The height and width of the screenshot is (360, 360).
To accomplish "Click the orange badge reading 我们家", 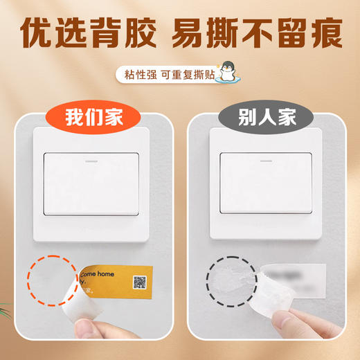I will pyautogui.click(x=94, y=117).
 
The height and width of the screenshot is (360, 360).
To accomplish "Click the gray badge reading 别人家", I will pyautogui.click(x=266, y=117).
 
